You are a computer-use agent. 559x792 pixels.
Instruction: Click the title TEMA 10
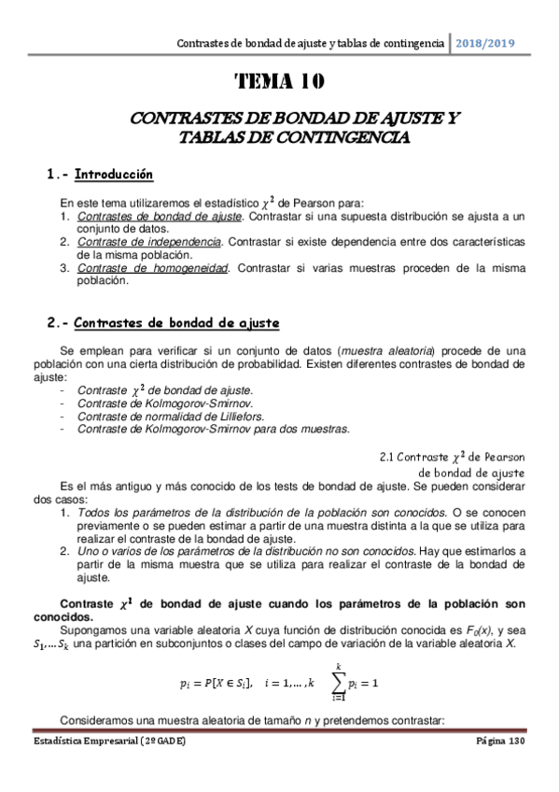tap(280, 83)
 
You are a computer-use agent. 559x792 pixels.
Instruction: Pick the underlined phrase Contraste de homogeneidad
tap(153, 268)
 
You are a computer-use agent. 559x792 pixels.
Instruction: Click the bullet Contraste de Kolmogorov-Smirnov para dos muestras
tap(213, 429)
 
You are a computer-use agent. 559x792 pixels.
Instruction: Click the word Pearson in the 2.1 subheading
tap(506, 458)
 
